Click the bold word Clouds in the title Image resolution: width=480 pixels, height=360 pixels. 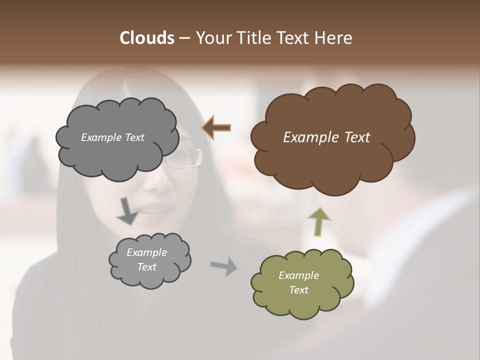[146, 38]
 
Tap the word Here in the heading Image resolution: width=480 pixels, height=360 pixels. [334, 38]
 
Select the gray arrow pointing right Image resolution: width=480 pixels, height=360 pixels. [224, 266]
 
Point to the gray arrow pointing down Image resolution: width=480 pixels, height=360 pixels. [127, 210]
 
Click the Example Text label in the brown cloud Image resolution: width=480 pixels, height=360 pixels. [326, 137]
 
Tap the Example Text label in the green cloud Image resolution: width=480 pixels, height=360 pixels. [298, 282]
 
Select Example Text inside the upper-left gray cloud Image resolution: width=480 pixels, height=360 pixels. [112, 137]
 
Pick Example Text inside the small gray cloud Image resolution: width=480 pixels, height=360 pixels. [146, 259]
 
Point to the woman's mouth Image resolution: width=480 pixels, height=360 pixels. [152, 210]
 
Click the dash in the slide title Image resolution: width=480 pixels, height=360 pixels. [184, 38]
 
